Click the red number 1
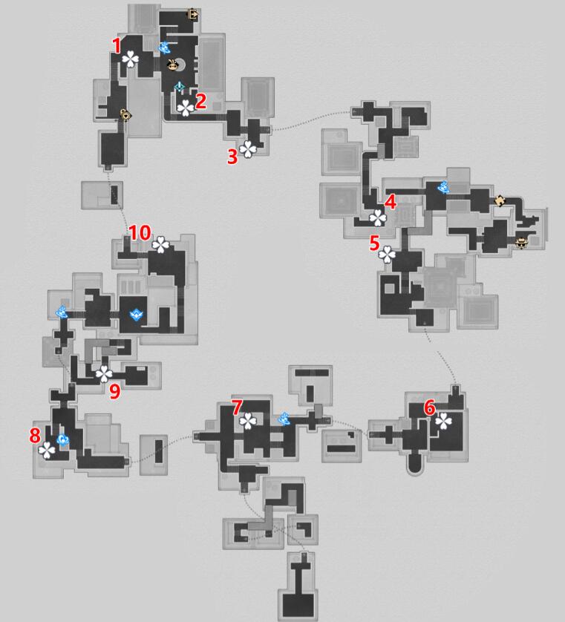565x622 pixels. click(x=117, y=45)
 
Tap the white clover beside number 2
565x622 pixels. click(x=186, y=108)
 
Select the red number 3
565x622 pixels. click(x=232, y=157)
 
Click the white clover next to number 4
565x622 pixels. click(x=378, y=218)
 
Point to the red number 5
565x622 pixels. click(x=374, y=243)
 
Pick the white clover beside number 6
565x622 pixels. click(x=443, y=421)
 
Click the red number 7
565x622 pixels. click(x=237, y=407)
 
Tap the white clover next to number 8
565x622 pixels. click(x=47, y=451)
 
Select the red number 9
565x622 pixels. click(x=114, y=391)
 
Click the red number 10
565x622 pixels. click(x=140, y=233)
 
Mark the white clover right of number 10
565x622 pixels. click(x=160, y=245)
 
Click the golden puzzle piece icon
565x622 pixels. click(x=500, y=200)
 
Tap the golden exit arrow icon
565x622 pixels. click(x=193, y=15)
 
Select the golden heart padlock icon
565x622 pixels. click(x=125, y=115)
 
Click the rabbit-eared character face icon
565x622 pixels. click(x=173, y=65)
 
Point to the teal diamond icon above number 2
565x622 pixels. click(x=180, y=87)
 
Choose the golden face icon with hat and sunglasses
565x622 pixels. click(x=521, y=243)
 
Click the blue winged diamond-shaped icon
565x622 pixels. click(x=137, y=315)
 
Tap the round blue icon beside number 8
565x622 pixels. click(x=62, y=439)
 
